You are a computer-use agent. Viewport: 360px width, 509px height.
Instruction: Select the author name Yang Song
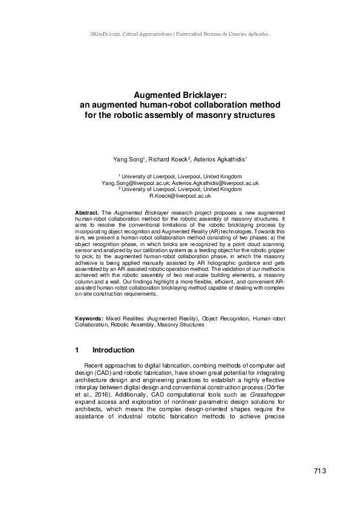coord(126,159)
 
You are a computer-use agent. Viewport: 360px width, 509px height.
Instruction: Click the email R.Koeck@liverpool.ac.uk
coord(180,196)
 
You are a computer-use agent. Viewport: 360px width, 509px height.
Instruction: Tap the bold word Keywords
coord(88,318)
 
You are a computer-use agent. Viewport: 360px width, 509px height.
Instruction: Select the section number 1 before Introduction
coord(77,350)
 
